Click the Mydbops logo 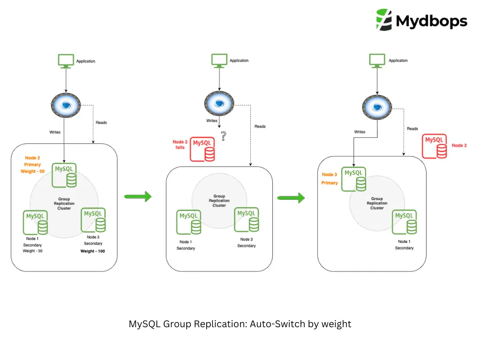pyautogui.click(x=421, y=20)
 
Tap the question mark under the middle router pyautogui.click(x=223, y=136)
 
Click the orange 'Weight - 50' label pyautogui.click(x=32, y=172)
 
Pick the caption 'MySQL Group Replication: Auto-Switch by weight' pyautogui.click(x=240, y=324)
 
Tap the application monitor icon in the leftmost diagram pyautogui.click(x=66, y=61)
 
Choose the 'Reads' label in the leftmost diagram pyautogui.click(x=101, y=123)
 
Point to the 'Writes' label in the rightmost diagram pyautogui.click(x=360, y=132)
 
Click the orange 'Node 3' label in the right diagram pyautogui.click(x=330, y=175)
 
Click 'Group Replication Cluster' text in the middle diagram pyautogui.click(x=219, y=201)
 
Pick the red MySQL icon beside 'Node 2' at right pyautogui.click(x=435, y=146)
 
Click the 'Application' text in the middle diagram pyautogui.click(x=239, y=60)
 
